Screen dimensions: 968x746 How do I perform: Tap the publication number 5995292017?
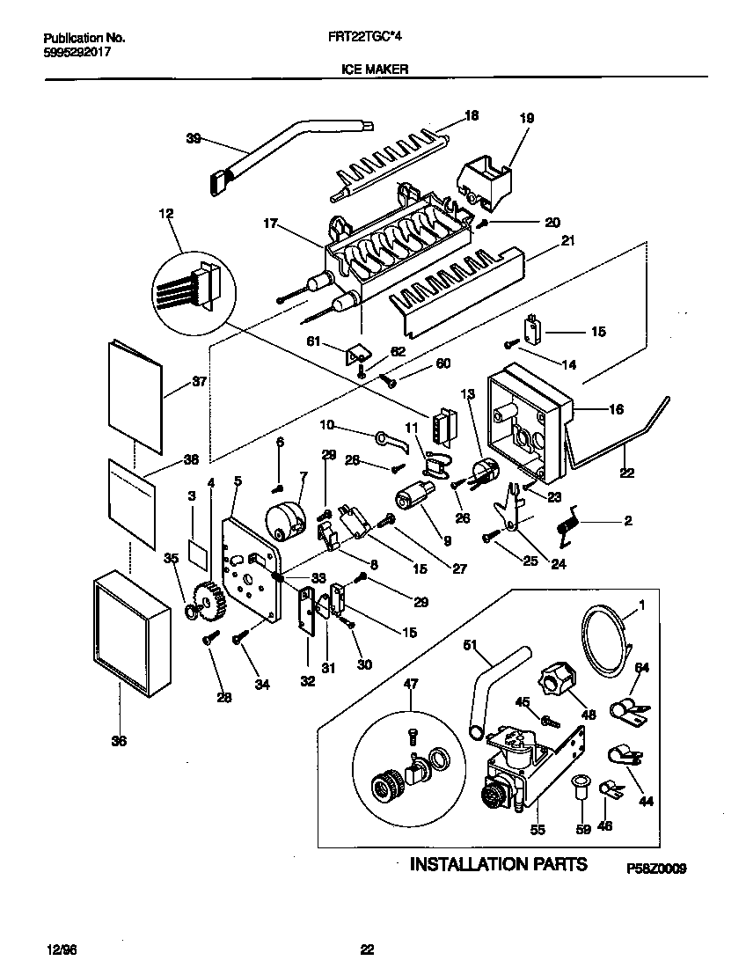tap(77, 52)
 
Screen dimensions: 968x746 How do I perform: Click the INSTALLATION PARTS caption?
tap(499, 863)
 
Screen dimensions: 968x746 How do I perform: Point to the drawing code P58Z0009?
tap(655, 868)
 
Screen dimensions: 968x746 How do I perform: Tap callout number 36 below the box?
tap(119, 741)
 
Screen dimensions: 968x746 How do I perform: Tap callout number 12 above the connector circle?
tap(166, 213)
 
